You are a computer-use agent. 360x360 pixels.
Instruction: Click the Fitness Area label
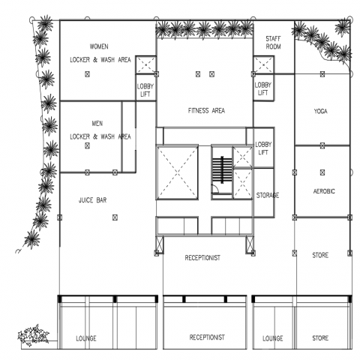[x=206, y=110]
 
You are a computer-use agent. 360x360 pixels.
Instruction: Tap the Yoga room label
[x=321, y=111]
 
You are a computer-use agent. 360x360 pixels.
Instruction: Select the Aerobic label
[x=324, y=191]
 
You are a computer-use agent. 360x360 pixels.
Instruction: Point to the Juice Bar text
[x=92, y=200]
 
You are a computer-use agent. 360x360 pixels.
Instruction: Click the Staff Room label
[x=273, y=43]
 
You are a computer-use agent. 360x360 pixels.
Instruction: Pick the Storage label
[x=268, y=195]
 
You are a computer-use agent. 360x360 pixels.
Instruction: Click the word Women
[x=99, y=46]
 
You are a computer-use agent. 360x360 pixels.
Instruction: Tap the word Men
[x=97, y=124]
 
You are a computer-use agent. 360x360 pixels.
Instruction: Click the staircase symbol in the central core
[x=222, y=169]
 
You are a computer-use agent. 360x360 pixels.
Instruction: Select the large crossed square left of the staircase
[x=177, y=173]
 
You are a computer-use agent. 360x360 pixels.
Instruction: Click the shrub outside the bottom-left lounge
[x=34, y=335]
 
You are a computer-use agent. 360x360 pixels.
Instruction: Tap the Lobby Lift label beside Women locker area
[x=145, y=90]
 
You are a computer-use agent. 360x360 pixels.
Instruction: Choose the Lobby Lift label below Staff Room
[x=263, y=88]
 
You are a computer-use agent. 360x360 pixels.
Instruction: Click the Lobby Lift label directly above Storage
[x=263, y=148]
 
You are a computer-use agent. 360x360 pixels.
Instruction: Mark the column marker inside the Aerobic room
[x=322, y=172]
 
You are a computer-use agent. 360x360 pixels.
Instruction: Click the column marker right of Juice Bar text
[x=115, y=217]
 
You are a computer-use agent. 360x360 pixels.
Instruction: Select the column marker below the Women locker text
[x=87, y=74]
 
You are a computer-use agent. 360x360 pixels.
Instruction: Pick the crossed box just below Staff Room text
[x=263, y=65]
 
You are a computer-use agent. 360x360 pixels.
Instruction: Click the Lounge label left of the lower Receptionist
[x=86, y=338]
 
